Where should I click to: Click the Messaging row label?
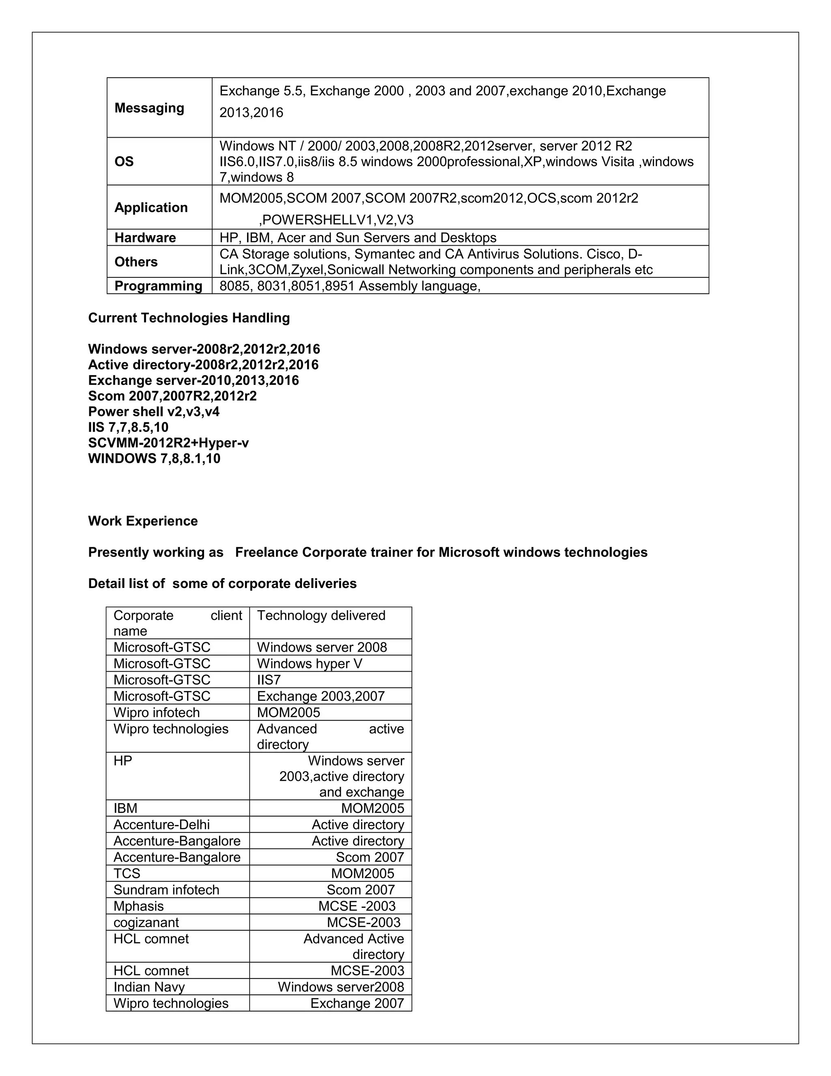click(x=149, y=108)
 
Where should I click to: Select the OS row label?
click(x=124, y=162)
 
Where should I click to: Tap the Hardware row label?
click(x=145, y=238)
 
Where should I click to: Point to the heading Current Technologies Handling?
click(x=189, y=318)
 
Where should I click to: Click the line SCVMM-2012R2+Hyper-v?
click(x=168, y=443)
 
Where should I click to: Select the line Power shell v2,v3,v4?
click(x=154, y=411)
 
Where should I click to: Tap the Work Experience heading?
click(x=143, y=521)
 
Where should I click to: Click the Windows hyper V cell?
click(x=309, y=663)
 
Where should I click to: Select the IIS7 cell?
click(x=269, y=680)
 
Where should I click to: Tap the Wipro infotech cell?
click(x=157, y=713)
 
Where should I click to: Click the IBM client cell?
click(x=125, y=808)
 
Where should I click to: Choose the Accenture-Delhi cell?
click(x=161, y=824)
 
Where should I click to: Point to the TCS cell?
click(x=127, y=873)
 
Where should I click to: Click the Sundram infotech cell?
click(x=166, y=890)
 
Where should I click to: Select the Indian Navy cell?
click(x=149, y=987)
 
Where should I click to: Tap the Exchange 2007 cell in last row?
click(x=357, y=1003)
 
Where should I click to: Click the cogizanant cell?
click(x=146, y=922)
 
